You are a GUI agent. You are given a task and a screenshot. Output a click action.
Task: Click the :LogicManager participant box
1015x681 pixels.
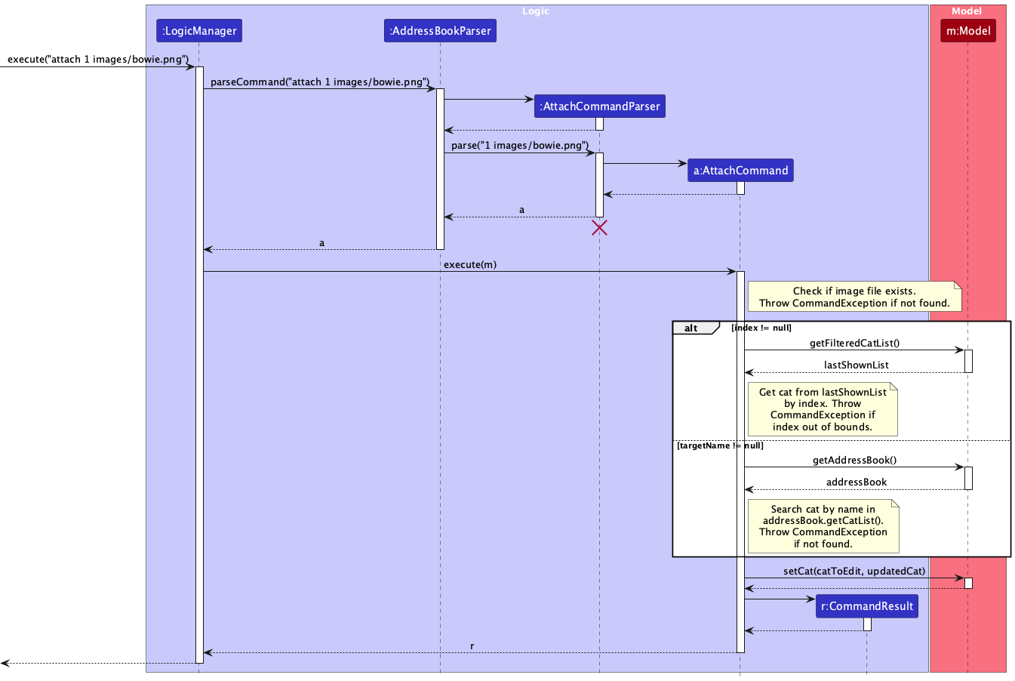[199, 31]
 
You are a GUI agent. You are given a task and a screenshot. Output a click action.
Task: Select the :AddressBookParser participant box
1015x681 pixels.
[440, 31]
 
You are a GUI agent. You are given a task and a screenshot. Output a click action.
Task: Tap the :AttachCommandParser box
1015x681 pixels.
[600, 106]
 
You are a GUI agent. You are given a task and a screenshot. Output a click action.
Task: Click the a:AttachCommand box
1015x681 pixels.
[740, 171]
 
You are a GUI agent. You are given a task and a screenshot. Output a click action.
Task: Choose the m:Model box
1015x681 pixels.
[968, 31]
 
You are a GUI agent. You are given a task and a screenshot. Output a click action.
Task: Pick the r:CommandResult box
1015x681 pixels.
[867, 606]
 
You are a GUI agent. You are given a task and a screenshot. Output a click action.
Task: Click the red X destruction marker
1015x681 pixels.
[600, 228]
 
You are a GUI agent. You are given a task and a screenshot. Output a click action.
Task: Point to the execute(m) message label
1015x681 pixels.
[470, 265]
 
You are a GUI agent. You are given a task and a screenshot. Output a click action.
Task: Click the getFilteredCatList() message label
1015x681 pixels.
[854, 344]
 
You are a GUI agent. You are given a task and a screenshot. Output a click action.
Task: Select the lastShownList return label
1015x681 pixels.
[856, 365]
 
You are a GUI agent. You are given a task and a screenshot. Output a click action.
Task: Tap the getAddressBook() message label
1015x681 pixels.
[854, 461]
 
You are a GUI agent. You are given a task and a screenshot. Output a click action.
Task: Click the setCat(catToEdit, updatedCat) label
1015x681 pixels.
[854, 572]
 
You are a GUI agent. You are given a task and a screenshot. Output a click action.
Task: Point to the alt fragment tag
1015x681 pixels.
[692, 328]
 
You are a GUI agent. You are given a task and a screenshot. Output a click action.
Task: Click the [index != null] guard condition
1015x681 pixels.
[761, 328]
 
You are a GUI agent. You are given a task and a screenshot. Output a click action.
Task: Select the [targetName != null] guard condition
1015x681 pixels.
[720, 446]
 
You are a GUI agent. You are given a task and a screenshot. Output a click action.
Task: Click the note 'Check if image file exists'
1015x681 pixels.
[854, 297]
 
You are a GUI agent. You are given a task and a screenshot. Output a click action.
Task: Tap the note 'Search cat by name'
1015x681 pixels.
[823, 526]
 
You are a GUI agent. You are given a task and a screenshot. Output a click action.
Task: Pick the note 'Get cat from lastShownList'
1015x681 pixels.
[823, 409]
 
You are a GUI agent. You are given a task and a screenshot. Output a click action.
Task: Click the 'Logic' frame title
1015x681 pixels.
[536, 11]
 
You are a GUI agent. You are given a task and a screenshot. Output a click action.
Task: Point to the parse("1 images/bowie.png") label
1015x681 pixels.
[519, 146]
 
